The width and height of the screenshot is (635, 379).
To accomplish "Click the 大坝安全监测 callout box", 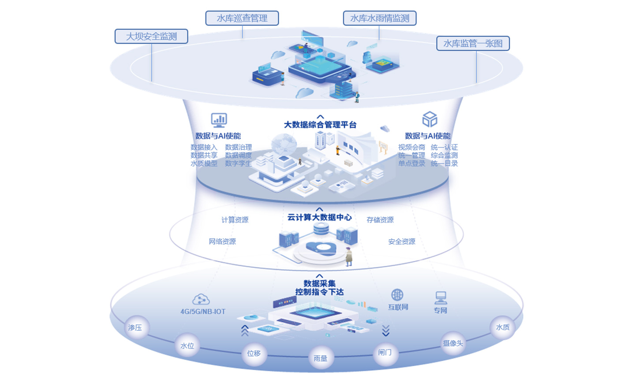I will pos(151,37).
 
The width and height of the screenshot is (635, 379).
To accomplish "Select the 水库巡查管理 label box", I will pos(242,19).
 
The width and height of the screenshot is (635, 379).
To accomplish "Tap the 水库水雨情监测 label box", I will pos(380,19).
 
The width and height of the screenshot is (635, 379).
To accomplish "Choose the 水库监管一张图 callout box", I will pos(473,44).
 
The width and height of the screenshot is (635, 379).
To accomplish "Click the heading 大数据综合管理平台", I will pos(320,125).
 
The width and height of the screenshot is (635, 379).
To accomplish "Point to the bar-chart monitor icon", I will pos(219,119).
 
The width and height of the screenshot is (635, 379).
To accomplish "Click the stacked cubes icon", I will pos(430,119).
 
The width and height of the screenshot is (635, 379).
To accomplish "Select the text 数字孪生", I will pos(238,163).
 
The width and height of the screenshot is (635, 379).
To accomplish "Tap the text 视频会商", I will pos(411,147).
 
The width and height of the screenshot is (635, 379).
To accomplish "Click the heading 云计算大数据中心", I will pos(320,217).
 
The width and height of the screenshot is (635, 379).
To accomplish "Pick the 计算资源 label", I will pos(235,220).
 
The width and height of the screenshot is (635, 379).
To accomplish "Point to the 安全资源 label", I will pos(401,242).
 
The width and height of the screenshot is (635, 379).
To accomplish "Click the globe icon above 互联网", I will pos(397,294).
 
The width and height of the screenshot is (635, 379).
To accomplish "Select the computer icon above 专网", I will pos(441,298).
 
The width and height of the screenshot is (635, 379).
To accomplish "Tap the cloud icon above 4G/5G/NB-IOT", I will pos(201,299).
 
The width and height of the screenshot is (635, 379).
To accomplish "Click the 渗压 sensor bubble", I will pos(135,327).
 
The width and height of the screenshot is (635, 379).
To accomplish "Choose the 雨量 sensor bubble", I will pos(321,358).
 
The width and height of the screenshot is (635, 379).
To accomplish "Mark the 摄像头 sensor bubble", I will pos(453,343).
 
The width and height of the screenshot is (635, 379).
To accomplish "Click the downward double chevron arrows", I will pos(386,331).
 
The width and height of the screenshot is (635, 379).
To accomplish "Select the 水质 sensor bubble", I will pos(503,327).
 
